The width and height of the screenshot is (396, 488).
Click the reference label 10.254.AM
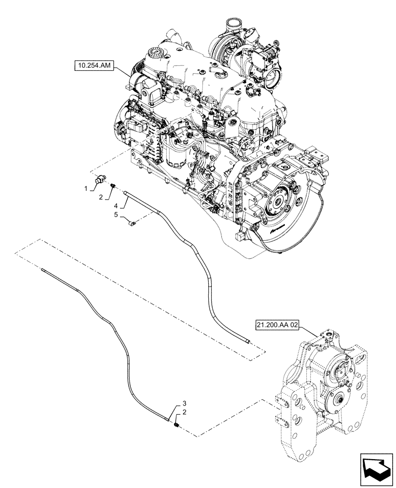(x=94, y=64)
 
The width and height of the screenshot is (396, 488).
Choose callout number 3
(x=184, y=403)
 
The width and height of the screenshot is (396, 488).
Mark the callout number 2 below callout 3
(x=183, y=412)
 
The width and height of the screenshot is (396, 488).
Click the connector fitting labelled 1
(x=100, y=179)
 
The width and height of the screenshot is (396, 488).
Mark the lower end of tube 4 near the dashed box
(x=250, y=342)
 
